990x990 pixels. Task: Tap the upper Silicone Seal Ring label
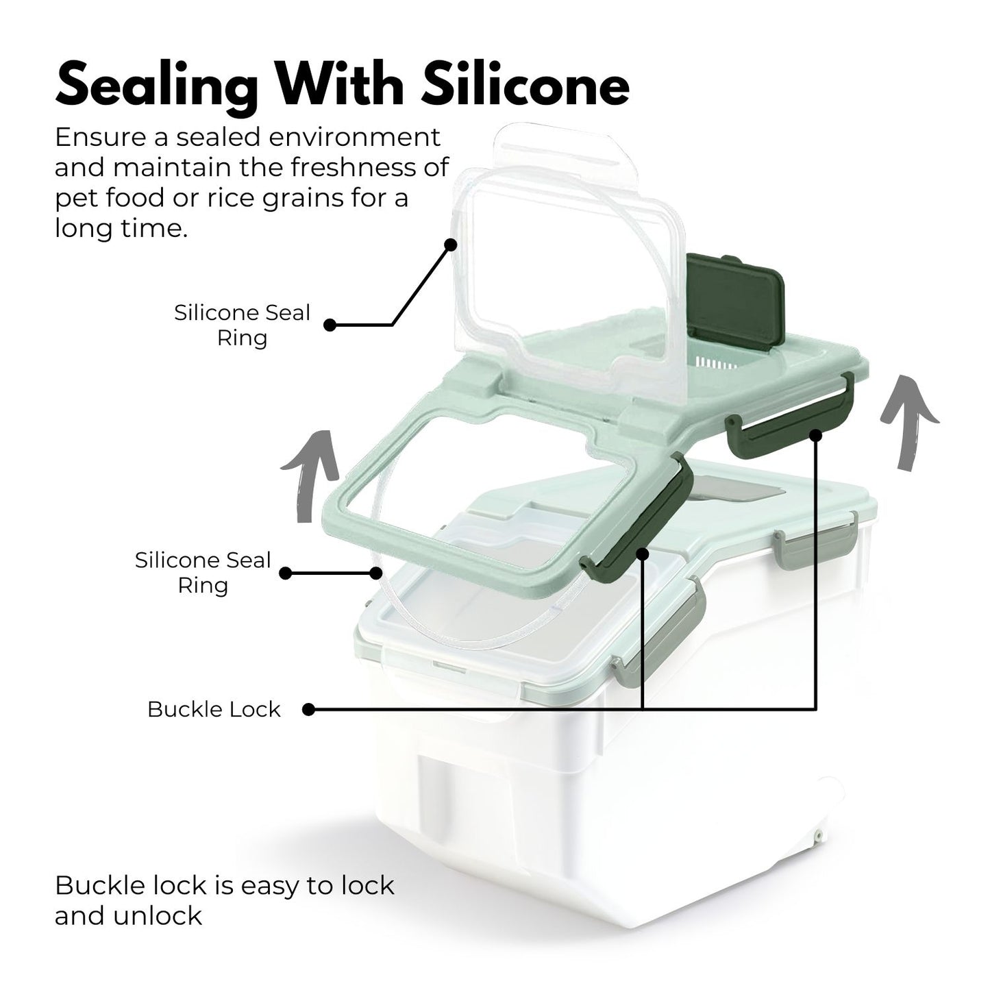pos(242,325)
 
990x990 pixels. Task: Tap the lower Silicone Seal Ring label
pos(203,573)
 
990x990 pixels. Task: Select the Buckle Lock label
pos(214,709)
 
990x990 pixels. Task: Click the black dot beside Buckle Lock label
pos(309,710)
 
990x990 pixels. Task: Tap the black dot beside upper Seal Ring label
pos(330,325)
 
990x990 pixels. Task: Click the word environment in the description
pos(356,137)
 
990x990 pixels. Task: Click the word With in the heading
pos(340,86)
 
